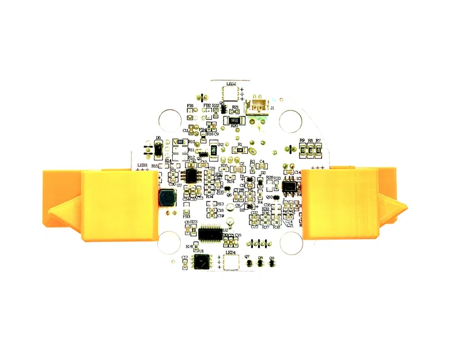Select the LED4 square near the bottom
(232, 263)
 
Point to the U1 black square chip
(201, 263)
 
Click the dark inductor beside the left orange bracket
(167, 198)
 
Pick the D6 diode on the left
(157, 150)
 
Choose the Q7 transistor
(249, 263)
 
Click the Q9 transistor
(271, 263)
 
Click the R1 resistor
(239, 150)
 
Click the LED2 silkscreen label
(231, 84)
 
